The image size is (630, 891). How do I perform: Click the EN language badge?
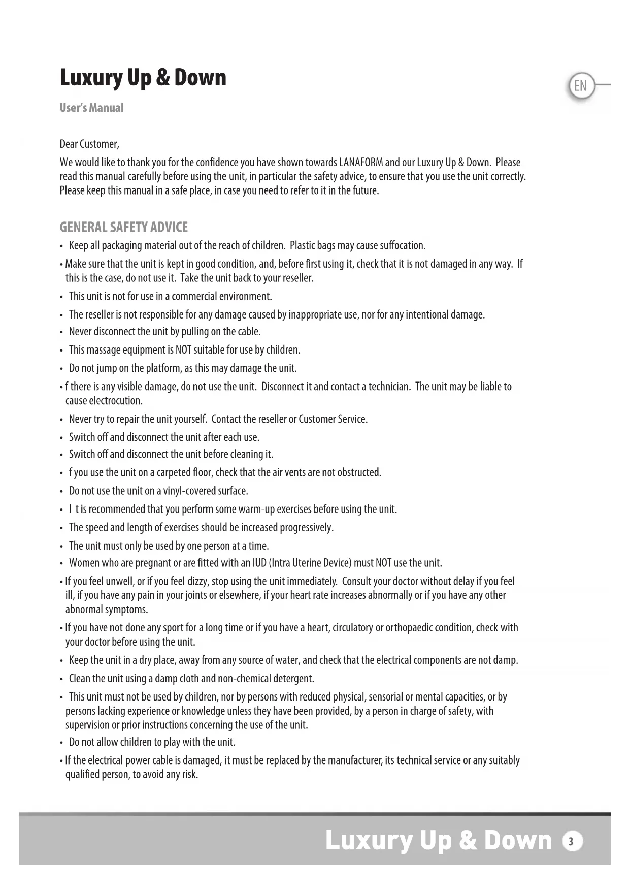(x=580, y=86)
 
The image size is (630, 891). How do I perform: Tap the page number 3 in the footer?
(x=572, y=842)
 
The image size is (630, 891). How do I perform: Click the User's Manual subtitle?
(x=91, y=108)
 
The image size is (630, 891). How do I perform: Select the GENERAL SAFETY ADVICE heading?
(x=123, y=227)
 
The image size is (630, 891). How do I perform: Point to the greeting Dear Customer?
(x=89, y=144)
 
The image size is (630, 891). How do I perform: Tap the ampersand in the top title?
(x=162, y=77)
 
